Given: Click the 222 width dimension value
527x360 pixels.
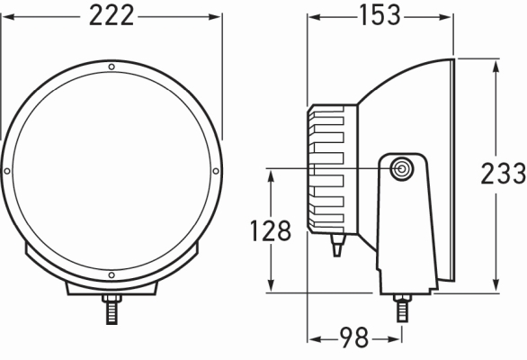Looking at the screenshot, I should pos(111,15).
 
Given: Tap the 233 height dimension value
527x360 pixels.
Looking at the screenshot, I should pos(503,173).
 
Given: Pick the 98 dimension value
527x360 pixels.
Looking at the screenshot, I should pos(353,339).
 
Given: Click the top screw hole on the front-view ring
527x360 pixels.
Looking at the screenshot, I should pos(111,67).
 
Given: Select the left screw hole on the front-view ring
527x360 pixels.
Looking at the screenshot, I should pos(7,170).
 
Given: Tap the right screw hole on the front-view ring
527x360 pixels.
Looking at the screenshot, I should pos(215,170).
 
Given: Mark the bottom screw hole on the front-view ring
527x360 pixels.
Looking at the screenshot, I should pos(111,274).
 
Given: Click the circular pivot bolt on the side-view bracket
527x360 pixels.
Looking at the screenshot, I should pos(401,168).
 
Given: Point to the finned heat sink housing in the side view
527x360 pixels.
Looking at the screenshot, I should pos(333,168).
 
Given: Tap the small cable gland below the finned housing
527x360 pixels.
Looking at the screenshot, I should pos(336,245).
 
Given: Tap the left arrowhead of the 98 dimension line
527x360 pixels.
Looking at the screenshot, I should pos(313,339).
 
